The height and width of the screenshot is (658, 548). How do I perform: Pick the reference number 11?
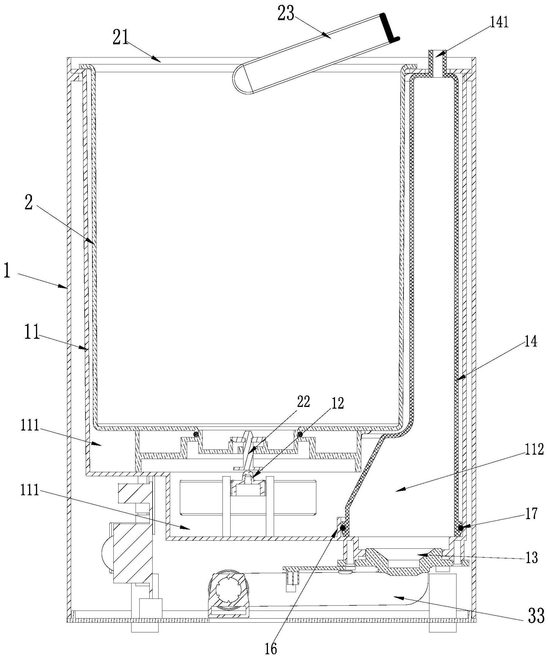coord(32,333)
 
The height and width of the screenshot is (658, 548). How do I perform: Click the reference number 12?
coord(337,403)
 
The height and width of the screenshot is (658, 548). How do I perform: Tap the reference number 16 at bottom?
coord(271,649)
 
